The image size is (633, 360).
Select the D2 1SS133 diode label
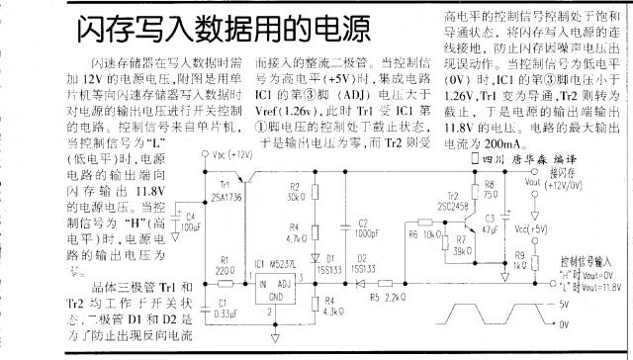(362, 264)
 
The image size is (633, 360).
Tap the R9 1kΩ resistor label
(522, 260)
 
